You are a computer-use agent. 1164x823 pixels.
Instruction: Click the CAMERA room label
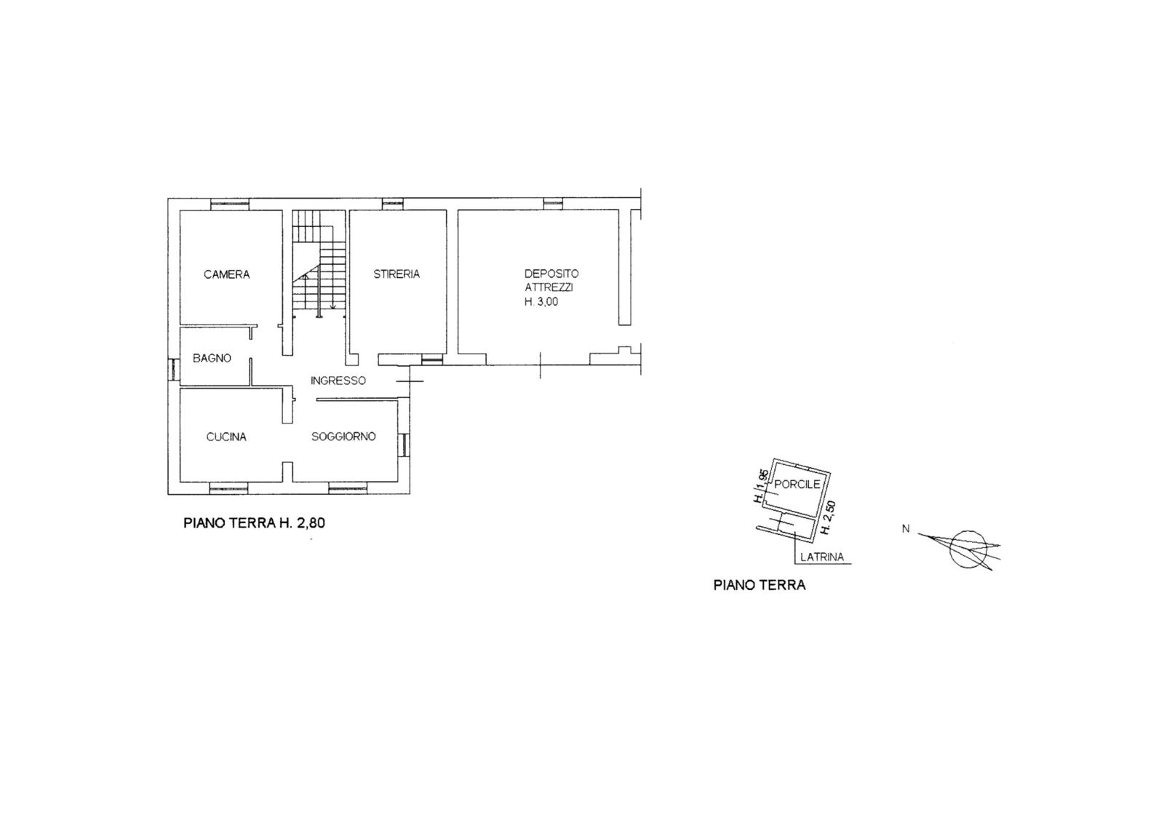click(x=226, y=274)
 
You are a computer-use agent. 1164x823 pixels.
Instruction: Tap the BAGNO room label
click(x=212, y=358)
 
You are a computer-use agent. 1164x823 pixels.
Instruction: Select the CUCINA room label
click(x=226, y=437)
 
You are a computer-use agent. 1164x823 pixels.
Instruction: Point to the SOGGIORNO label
click(x=343, y=437)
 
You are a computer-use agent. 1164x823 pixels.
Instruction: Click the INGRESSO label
click(x=338, y=381)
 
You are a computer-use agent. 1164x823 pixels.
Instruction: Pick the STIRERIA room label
click(x=396, y=274)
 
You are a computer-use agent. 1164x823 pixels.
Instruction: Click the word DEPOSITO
click(x=551, y=274)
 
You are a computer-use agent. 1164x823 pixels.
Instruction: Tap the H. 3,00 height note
click(x=541, y=301)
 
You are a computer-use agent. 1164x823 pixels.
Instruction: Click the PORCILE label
click(x=797, y=484)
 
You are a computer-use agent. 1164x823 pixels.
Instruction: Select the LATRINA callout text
click(x=822, y=557)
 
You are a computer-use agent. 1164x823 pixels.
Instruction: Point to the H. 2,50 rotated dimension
click(x=827, y=517)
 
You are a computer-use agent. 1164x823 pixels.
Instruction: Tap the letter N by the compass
click(x=906, y=528)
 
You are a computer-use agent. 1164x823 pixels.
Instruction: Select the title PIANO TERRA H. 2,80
click(x=254, y=522)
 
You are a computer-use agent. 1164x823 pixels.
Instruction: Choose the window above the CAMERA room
click(x=230, y=204)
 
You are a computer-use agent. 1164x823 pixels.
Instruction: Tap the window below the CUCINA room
click(x=228, y=487)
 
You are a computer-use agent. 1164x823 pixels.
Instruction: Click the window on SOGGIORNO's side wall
click(x=404, y=445)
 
